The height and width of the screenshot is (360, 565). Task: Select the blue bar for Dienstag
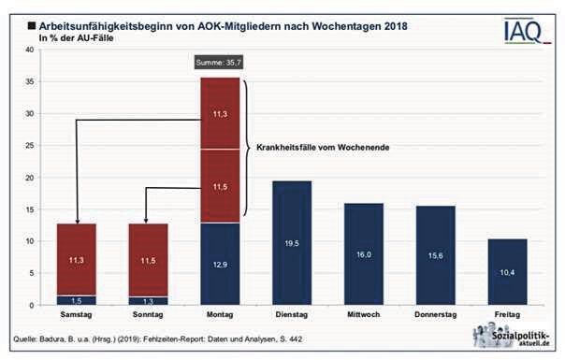(291, 242)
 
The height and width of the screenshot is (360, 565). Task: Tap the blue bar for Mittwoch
(364, 253)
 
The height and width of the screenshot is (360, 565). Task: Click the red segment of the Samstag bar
(77, 259)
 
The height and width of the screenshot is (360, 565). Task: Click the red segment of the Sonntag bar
(148, 259)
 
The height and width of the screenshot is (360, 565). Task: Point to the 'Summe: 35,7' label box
(219, 62)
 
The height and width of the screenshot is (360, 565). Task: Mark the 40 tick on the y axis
(28, 50)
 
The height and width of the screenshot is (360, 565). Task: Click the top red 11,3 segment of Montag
(219, 113)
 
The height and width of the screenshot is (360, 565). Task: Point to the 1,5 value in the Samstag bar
(77, 300)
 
